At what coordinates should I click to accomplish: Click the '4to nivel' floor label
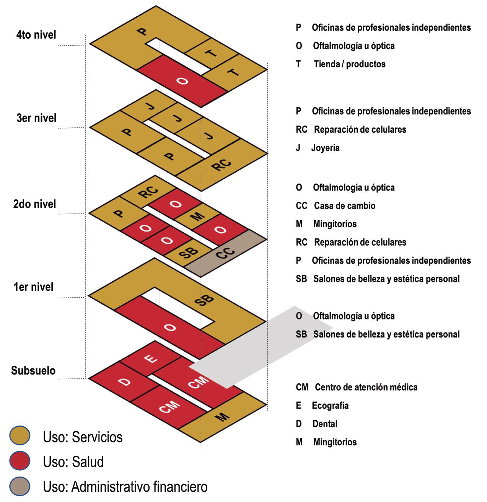pos(36,35)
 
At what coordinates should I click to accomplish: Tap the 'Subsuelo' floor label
pos(33,370)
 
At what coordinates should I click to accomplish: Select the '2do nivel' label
pos(34,204)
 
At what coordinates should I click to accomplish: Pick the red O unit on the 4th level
pos(183,81)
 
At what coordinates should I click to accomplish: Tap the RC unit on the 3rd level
pos(222,165)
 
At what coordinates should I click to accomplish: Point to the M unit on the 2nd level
pos(197,217)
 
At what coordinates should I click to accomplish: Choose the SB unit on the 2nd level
pos(189,253)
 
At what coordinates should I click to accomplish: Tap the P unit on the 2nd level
pos(120,213)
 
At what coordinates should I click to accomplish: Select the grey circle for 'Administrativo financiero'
pos(20,487)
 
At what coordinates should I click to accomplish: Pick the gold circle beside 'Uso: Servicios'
pos(20,437)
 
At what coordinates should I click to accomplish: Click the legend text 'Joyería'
pos(325,148)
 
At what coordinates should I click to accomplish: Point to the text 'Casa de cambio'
pos(344,206)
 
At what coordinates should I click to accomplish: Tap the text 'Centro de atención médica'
pos(366,387)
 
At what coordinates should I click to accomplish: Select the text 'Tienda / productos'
pos(349,64)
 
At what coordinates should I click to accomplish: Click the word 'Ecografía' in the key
pos(330,406)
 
